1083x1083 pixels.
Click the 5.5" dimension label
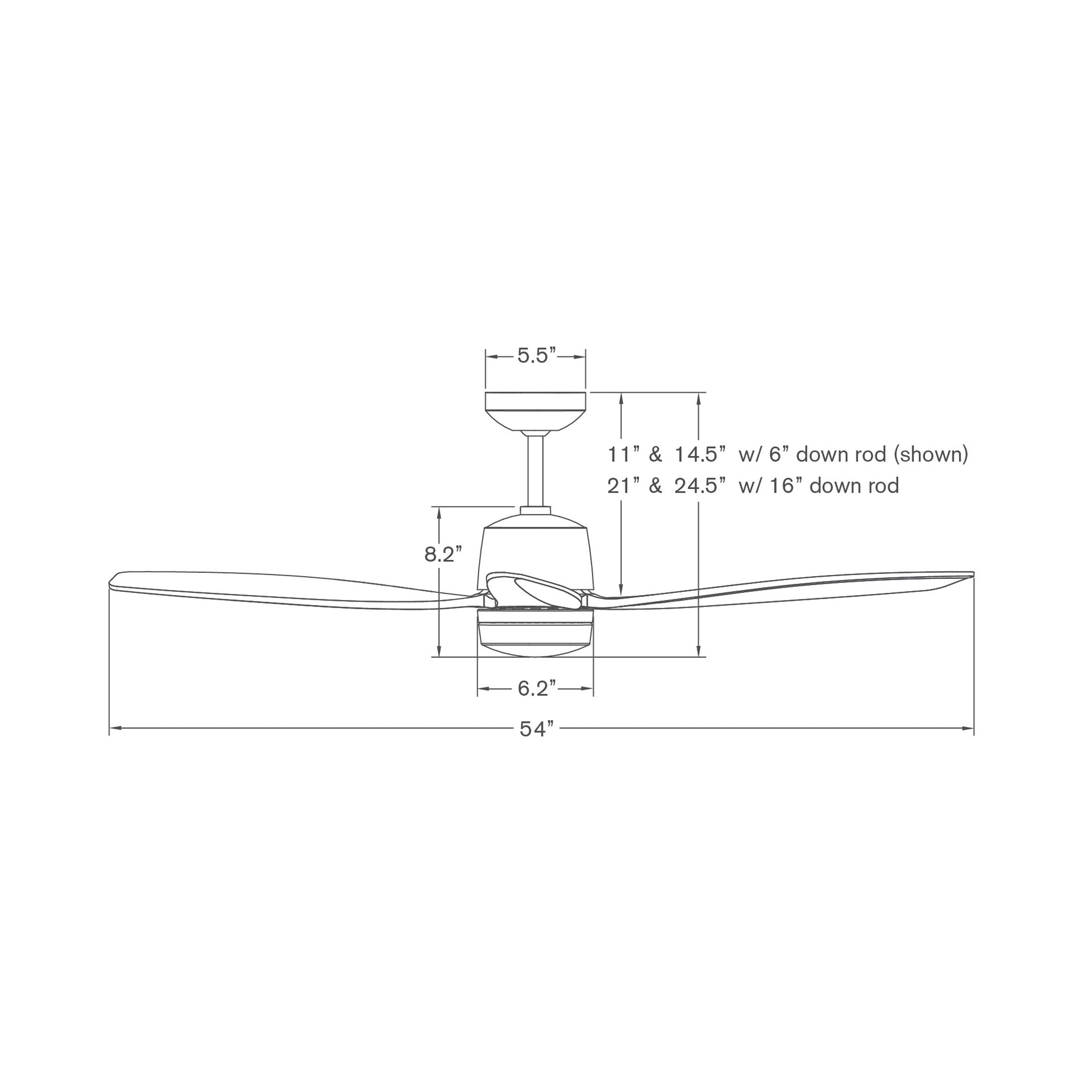pos(537,355)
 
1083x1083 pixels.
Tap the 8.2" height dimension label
pos(443,554)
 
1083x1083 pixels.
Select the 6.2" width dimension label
pos(537,688)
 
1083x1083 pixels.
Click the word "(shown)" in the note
pos(930,454)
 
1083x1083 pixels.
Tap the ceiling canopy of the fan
pos(536,412)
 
